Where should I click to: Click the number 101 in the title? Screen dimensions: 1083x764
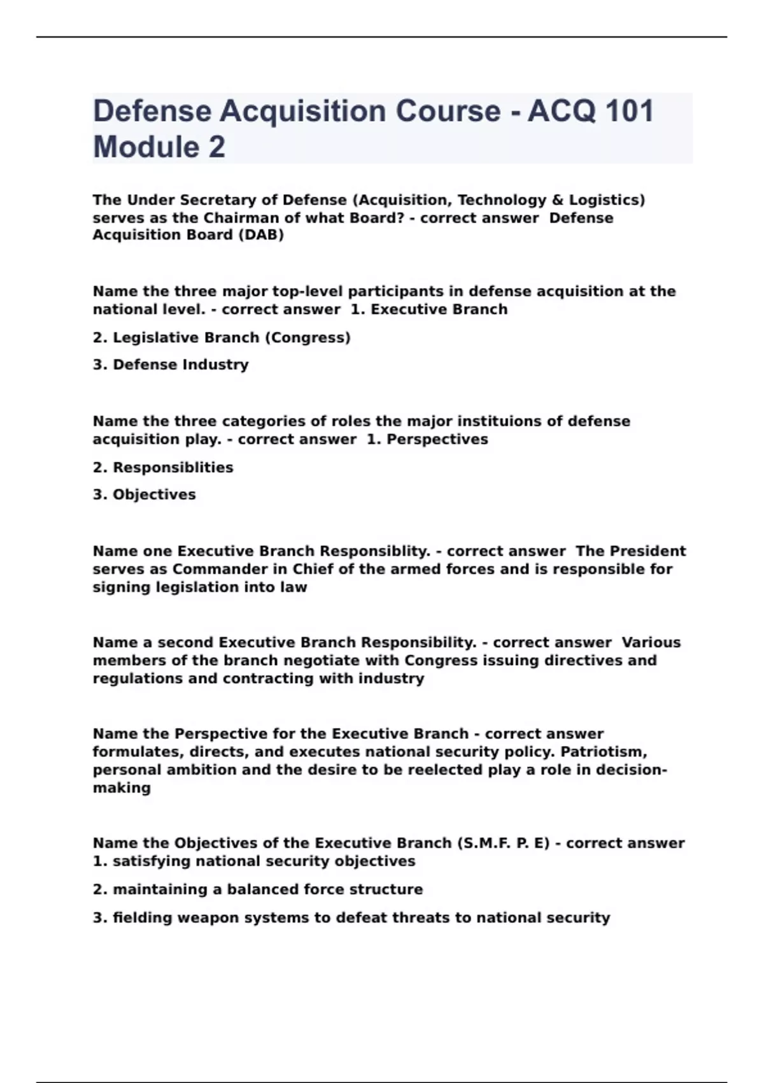point(629,111)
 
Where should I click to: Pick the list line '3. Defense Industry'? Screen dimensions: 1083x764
point(171,365)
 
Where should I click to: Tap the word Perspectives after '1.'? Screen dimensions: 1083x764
point(437,440)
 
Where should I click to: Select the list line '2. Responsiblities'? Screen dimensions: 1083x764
point(163,468)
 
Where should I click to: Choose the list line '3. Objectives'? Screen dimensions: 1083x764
point(145,495)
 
